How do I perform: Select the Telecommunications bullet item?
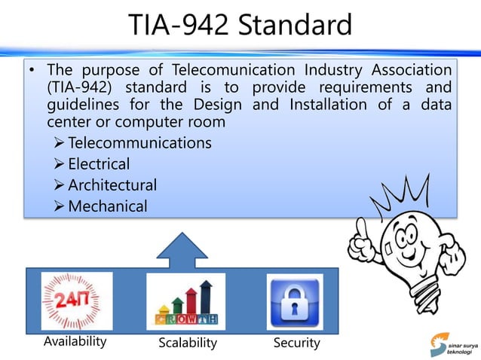click(x=139, y=143)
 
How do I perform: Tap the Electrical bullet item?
click(x=98, y=163)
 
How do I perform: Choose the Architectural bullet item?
click(x=112, y=185)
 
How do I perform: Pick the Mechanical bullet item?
click(x=107, y=206)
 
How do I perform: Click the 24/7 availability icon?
click(x=76, y=301)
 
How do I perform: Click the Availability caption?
click(x=75, y=341)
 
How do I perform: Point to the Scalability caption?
click(x=188, y=343)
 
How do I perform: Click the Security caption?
click(x=296, y=343)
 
